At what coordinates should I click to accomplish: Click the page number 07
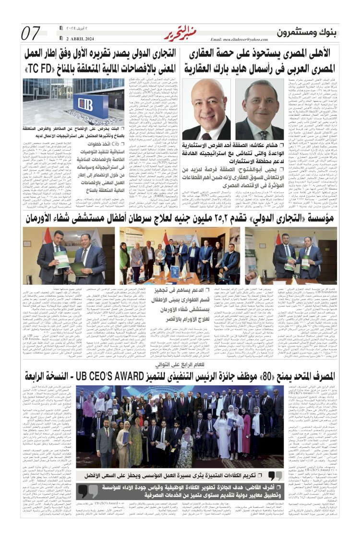coord(31,33)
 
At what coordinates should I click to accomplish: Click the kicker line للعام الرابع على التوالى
coord(180,377)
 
